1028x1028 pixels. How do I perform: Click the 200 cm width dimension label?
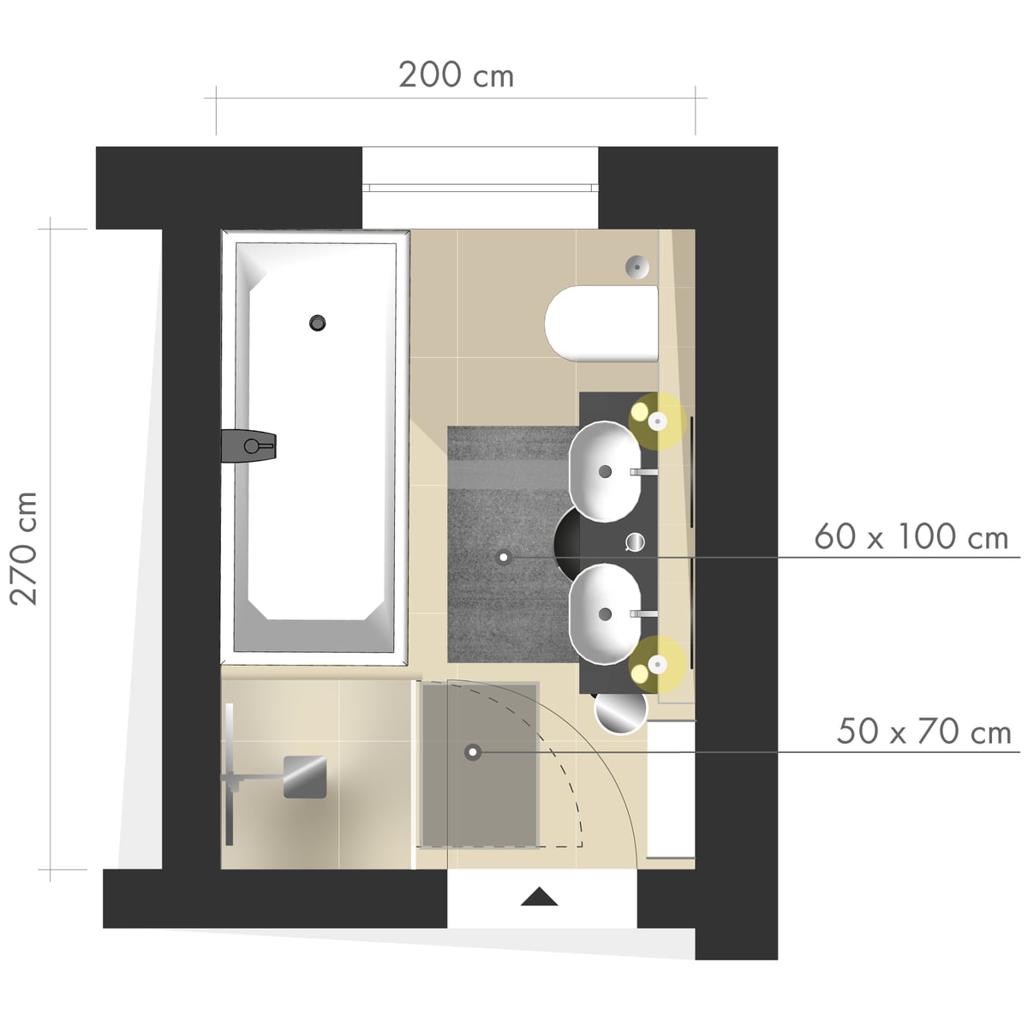(456, 75)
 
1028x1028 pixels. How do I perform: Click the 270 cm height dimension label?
(24, 549)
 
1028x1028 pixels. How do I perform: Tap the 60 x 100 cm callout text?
(911, 536)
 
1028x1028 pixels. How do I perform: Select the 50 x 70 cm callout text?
(923, 732)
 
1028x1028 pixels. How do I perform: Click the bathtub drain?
(318, 323)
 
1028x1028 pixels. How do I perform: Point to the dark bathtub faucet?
(248, 445)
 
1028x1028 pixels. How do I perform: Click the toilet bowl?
(601, 323)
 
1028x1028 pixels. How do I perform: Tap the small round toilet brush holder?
(637, 266)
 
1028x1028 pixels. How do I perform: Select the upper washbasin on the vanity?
(605, 471)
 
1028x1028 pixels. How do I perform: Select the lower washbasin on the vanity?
(605, 614)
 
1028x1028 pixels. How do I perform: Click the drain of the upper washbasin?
(605, 471)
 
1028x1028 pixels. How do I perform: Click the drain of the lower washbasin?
(605, 614)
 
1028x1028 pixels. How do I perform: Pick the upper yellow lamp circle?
(657, 421)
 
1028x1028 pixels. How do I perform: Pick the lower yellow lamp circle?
(657, 665)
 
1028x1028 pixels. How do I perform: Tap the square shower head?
(305, 777)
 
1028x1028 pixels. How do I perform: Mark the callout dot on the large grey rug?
(503, 558)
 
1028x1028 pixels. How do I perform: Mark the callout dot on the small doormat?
(473, 752)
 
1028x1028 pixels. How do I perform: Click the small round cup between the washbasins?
(635, 542)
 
